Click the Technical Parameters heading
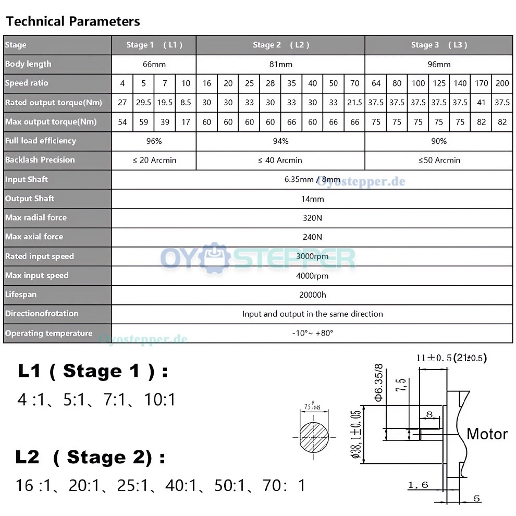pos(73,21)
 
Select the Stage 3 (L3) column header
pos(439,45)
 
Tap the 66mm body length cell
pos(154,64)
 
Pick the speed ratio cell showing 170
pos(481,83)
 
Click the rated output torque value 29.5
pos(143,103)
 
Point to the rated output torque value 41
pos(481,103)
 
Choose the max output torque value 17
pos(186,122)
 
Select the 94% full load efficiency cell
pos(280,141)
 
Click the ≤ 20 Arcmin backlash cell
pos(154,161)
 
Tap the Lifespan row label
pos(21,294)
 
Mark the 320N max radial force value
pos(312,218)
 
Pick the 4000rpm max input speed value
pos(312,276)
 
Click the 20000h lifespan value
pos(312,295)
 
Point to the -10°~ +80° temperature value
pos(312,333)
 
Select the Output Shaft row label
pos(30,199)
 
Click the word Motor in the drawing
pos(487,434)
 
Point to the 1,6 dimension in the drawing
pos(418,485)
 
